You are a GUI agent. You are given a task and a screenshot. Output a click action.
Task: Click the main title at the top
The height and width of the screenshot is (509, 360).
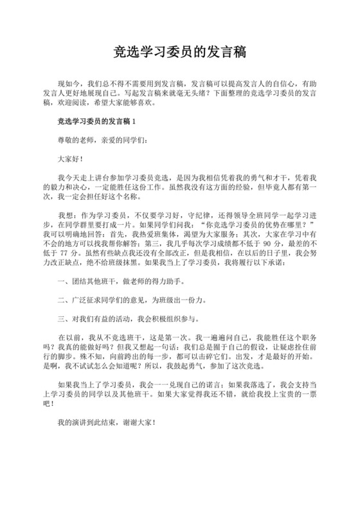(x=180, y=51)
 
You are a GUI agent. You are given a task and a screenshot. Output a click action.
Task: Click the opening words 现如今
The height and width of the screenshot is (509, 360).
(x=69, y=84)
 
